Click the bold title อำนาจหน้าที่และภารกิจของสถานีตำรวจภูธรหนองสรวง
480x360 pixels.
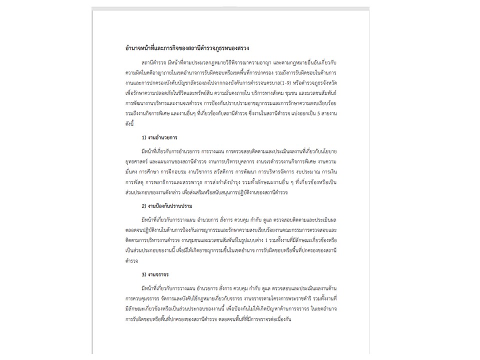click(187, 48)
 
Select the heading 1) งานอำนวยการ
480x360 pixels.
click(160, 137)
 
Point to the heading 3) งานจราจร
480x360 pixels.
click(156, 274)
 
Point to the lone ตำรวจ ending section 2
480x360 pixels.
click(131, 261)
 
